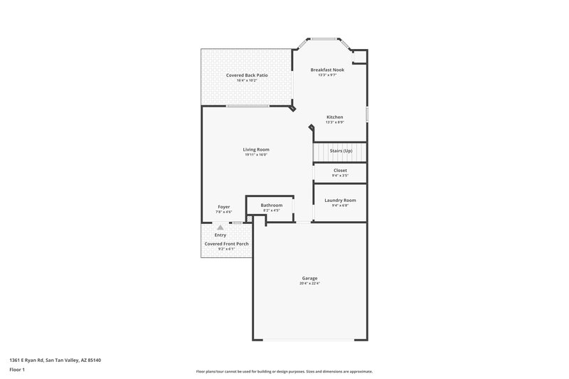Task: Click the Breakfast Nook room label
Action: coord(327,70)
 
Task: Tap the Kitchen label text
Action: coord(334,117)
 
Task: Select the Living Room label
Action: coord(256,149)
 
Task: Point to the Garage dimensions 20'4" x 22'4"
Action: coord(309,283)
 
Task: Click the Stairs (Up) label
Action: coord(341,151)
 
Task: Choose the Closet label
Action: coord(340,170)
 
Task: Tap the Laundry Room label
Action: coord(340,200)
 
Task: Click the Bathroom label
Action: coord(271,205)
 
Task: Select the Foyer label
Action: coord(223,206)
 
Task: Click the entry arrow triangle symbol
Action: coord(220,228)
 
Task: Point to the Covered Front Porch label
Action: coord(226,243)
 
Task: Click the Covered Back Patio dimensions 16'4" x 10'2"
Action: coord(247,80)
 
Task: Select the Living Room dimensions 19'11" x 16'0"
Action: coord(256,155)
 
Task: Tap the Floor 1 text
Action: coord(18,370)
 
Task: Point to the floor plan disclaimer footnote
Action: coord(284,371)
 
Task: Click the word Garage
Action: coord(309,277)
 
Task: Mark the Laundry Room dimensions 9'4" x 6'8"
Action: coord(340,205)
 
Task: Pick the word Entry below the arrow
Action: coord(220,235)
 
